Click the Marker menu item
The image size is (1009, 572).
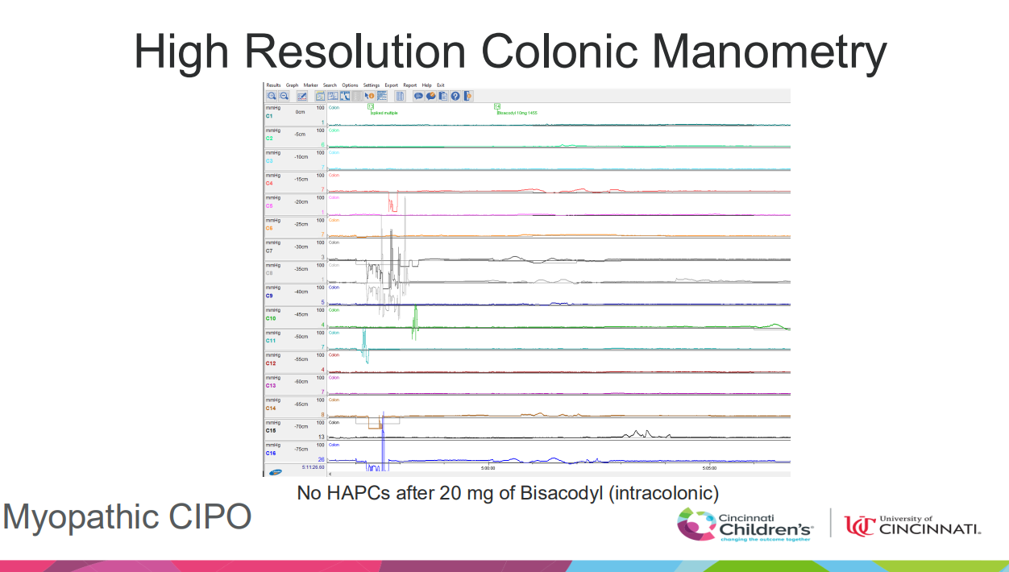pos(310,85)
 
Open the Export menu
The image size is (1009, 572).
pos(391,85)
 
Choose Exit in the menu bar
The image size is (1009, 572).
pos(441,85)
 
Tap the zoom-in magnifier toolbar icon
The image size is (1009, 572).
pos(273,96)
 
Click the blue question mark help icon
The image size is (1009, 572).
pos(455,96)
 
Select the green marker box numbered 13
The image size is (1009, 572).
pos(371,106)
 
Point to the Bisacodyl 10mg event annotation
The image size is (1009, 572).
pos(517,113)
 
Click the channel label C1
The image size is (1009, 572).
pos(269,116)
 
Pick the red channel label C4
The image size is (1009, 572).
pos(269,184)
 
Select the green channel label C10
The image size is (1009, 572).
pos(270,318)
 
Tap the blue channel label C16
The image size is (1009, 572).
pos(270,453)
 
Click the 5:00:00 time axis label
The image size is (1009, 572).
pos(488,467)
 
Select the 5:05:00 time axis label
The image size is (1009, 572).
pos(709,467)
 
